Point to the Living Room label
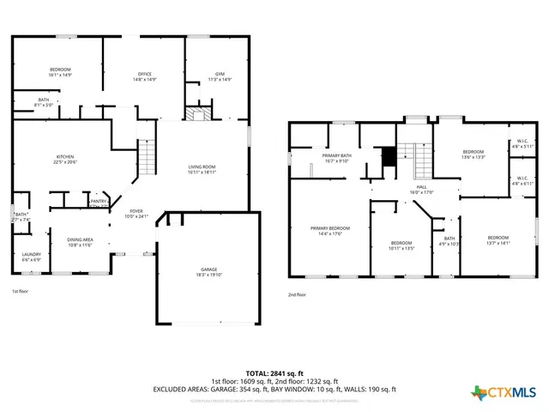(x=202, y=169)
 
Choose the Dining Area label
(x=80, y=242)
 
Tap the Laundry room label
(x=32, y=256)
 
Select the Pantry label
(x=99, y=203)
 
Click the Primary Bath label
(x=335, y=157)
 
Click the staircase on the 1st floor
(x=148, y=157)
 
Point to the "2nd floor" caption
(x=298, y=294)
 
